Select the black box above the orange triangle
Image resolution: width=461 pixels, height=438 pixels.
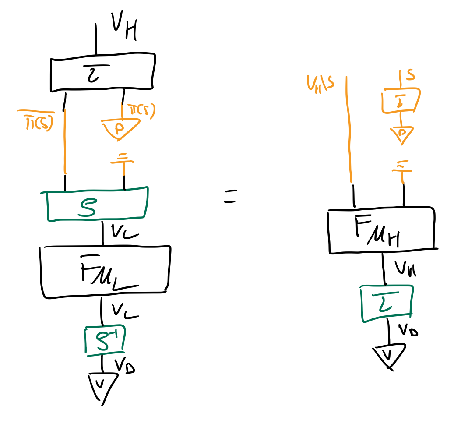[x=103, y=72]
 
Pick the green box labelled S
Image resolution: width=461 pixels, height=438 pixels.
[x=97, y=204]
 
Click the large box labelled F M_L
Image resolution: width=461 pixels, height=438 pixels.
[x=105, y=272]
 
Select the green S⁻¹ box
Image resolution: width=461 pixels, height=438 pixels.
[x=105, y=340]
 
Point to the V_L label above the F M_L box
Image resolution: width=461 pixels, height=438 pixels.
[x=124, y=232]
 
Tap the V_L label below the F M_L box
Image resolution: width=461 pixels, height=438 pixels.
[x=124, y=310]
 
